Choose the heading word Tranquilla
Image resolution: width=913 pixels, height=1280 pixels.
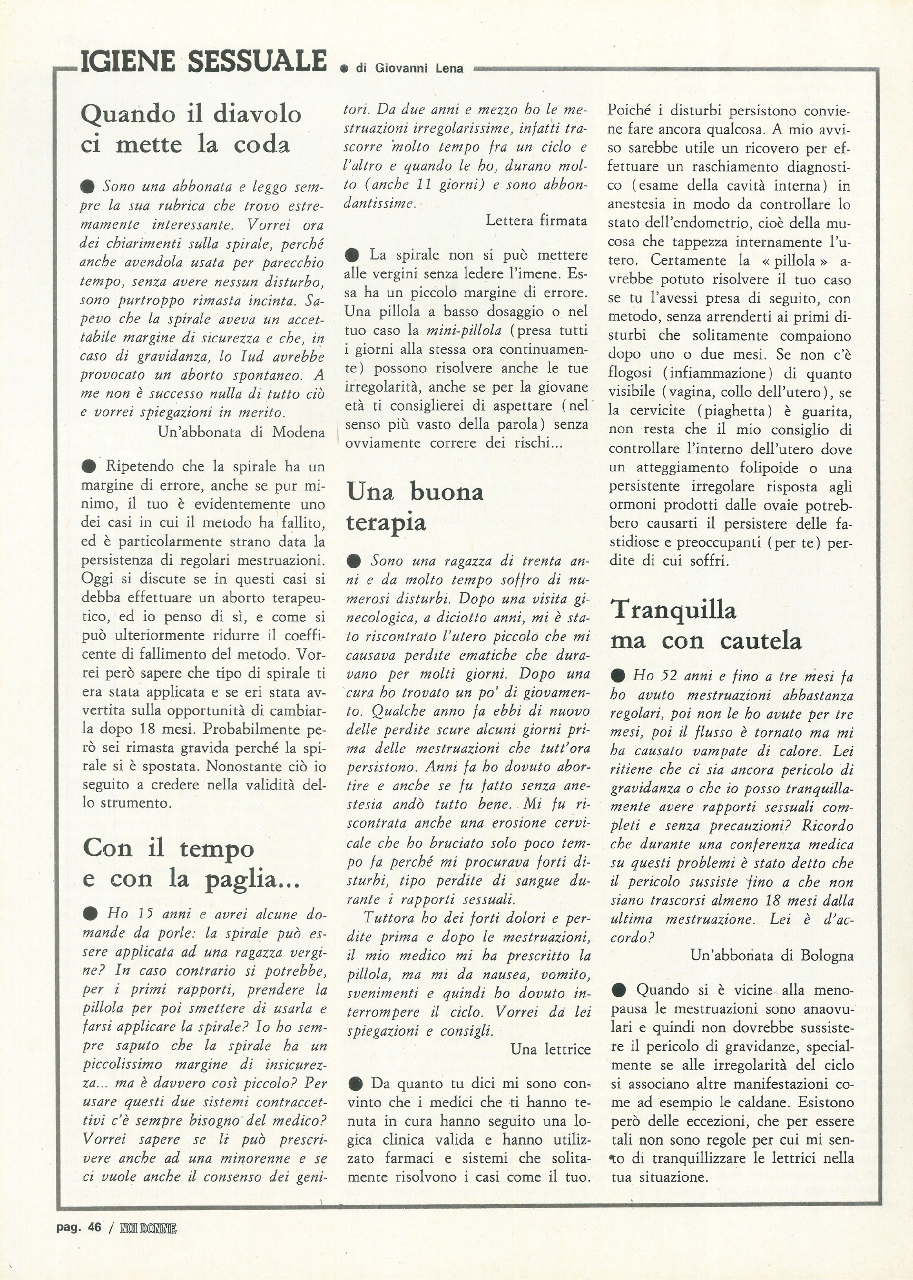(673, 609)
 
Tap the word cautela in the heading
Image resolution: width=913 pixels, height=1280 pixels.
(761, 641)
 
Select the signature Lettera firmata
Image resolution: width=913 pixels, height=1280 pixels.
(537, 220)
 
